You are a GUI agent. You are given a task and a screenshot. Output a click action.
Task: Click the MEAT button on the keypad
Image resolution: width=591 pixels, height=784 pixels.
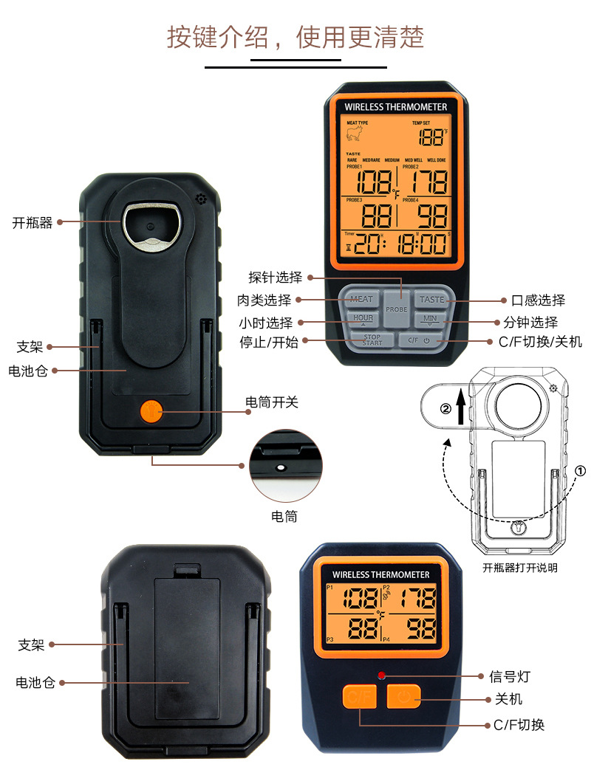pyautogui.click(x=361, y=299)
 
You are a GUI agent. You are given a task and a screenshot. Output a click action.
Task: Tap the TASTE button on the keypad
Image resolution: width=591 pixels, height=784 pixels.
pyautogui.click(x=432, y=299)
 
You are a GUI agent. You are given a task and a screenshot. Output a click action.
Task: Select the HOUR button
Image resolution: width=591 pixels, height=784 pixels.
pyautogui.click(x=363, y=319)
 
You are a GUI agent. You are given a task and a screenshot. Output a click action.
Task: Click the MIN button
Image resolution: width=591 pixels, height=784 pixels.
pyautogui.click(x=431, y=319)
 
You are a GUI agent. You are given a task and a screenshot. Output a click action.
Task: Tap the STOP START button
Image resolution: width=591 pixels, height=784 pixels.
pyautogui.click(x=372, y=340)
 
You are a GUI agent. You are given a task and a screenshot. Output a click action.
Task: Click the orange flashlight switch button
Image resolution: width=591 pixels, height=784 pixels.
pyautogui.click(x=151, y=410)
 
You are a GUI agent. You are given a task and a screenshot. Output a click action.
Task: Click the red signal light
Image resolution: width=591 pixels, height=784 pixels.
pyautogui.click(x=382, y=675)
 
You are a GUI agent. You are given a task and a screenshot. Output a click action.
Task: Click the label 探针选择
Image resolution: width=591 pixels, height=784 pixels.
pyautogui.click(x=275, y=278)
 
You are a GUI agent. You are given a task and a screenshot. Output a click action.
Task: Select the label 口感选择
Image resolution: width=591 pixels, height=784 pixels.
pyautogui.click(x=538, y=300)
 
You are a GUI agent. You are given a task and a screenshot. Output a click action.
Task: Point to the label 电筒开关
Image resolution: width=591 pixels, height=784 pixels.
pyautogui.click(x=272, y=402)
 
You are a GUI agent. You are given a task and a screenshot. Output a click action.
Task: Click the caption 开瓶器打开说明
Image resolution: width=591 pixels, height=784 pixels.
pyautogui.click(x=520, y=568)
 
